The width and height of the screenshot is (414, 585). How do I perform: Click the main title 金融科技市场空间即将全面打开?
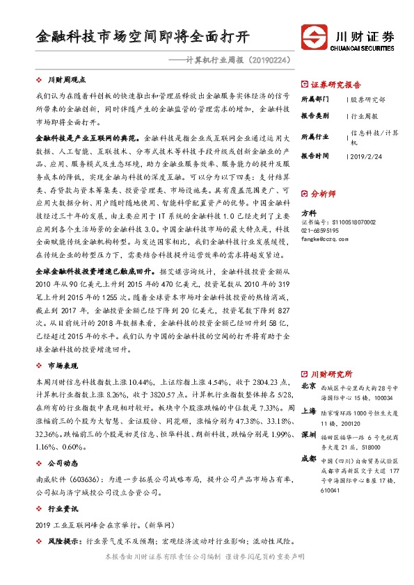[142, 35]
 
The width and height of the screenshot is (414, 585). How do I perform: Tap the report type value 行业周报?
[365, 116]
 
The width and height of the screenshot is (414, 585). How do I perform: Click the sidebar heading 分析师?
[324, 195]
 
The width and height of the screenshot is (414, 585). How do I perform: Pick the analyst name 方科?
[308, 213]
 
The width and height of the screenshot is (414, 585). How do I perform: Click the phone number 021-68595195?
[321, 230]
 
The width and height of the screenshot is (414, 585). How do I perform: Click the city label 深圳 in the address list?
[309, 435]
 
